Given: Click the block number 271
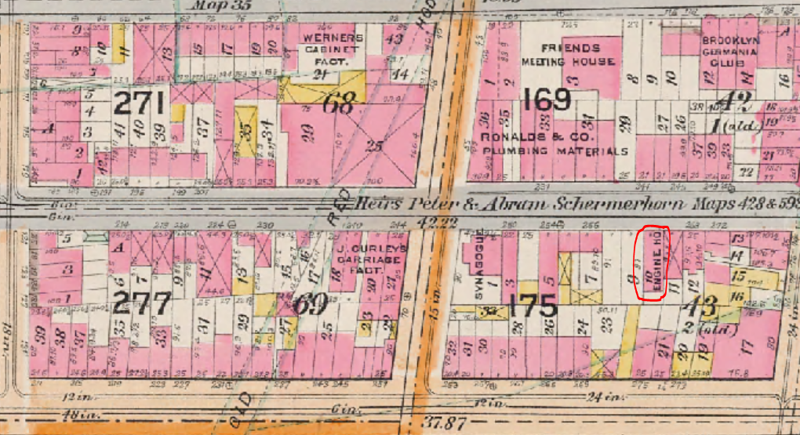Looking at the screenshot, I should [140, 103].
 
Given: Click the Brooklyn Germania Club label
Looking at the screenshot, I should [729, 52].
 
